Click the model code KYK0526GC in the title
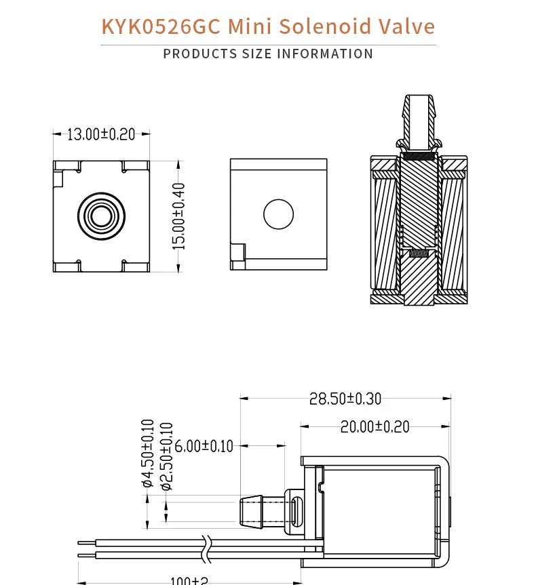tap(161, 26)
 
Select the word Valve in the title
tap(406, 26)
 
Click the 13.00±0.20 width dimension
tap(101, 134)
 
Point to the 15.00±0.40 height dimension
tap(178, 216)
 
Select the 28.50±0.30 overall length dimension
tap(345, 399)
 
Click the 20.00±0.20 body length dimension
tap(375, 426)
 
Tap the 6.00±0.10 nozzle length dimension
tap(204, 446)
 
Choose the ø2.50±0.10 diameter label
tap(166, 456)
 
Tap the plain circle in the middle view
tap(278, 215)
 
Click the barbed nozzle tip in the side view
tap(251, 512)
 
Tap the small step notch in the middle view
tap(237, 253)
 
